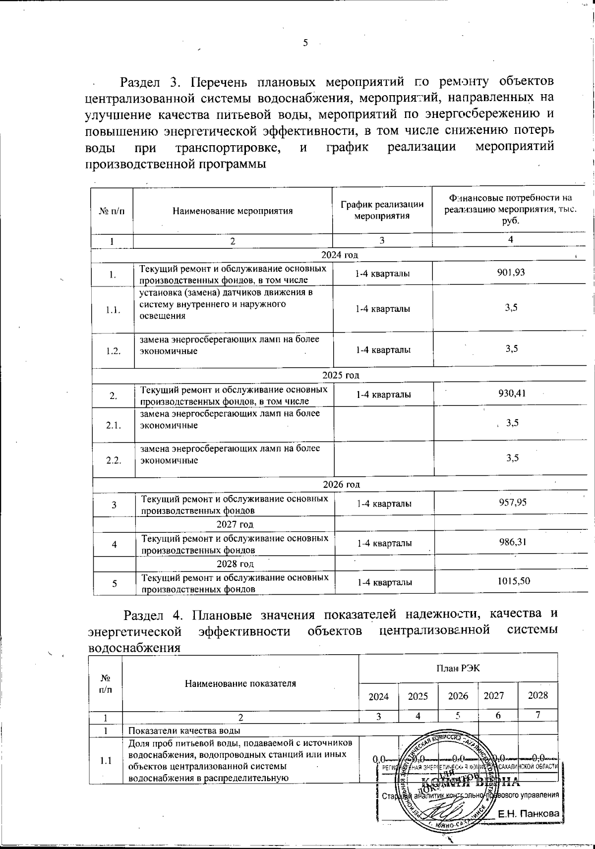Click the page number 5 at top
click(x=305, y=43)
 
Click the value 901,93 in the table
click(x=511, y=273)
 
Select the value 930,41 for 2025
click(x=512, y=394)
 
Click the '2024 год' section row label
click(x=340, y=255)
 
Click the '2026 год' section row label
click(x=341, y=484)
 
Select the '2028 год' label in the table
click(x=236, y=564)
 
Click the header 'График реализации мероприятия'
click(x=382, y=210)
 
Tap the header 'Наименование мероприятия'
click(x=232, y=211)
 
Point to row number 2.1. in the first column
click(x=114, y=425)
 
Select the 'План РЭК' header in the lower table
click(x=458, y=668)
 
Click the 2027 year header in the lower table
click(x=494, y=695)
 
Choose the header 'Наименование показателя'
click(x=240, y=683)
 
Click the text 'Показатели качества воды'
click(x=184, y=731)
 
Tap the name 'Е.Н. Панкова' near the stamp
click(x=529, y=813)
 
